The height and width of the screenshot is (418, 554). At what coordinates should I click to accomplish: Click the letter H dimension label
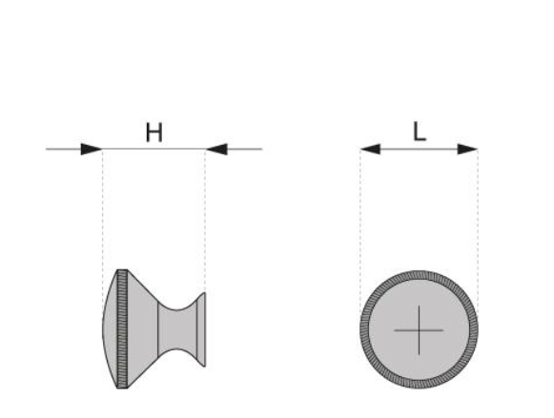154,132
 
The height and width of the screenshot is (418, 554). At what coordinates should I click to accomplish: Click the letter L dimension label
420,131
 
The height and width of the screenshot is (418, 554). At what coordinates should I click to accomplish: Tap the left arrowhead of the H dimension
92,149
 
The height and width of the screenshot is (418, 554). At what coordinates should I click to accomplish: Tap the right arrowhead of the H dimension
216,149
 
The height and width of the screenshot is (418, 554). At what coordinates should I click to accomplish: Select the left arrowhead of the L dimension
370,149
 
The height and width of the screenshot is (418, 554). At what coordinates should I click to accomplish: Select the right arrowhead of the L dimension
468,149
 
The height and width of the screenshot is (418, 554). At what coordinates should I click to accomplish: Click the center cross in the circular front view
419,330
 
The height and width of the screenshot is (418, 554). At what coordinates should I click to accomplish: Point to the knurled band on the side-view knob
122,329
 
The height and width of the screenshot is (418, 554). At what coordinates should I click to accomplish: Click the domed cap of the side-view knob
111,329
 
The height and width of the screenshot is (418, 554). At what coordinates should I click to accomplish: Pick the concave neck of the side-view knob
177,329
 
